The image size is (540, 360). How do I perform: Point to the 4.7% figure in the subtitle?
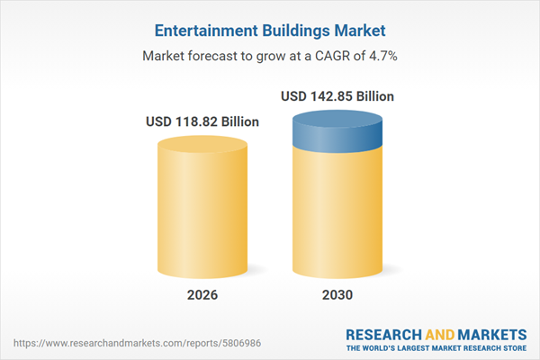click(x=382, y=56)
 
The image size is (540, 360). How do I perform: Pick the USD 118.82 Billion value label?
click(x=202, y=121)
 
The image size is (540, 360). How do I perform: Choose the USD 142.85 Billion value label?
click(x=337, y=95)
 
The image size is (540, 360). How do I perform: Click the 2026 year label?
click(x=202, y=295)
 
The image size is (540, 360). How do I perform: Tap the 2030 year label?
click(x=337, y=295)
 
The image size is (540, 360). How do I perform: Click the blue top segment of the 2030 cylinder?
click(x=337, y=135)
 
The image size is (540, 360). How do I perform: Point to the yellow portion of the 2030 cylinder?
click(x=337, y=216)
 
